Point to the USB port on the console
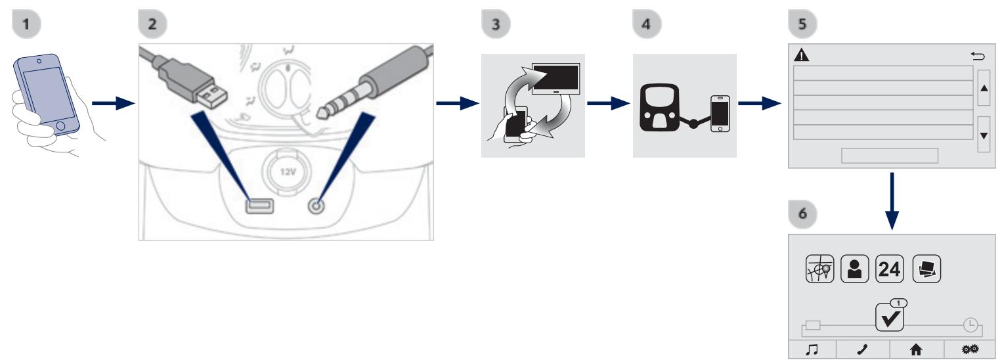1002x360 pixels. [x=256, y=206]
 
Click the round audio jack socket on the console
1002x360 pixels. [x=317, y=205]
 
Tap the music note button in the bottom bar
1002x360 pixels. [x=812, y=349]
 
